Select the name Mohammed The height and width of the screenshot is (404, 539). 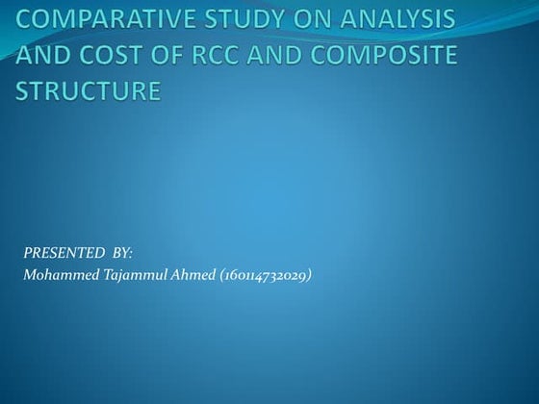point(60,277)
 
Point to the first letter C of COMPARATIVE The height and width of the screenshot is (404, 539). point(25,19)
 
